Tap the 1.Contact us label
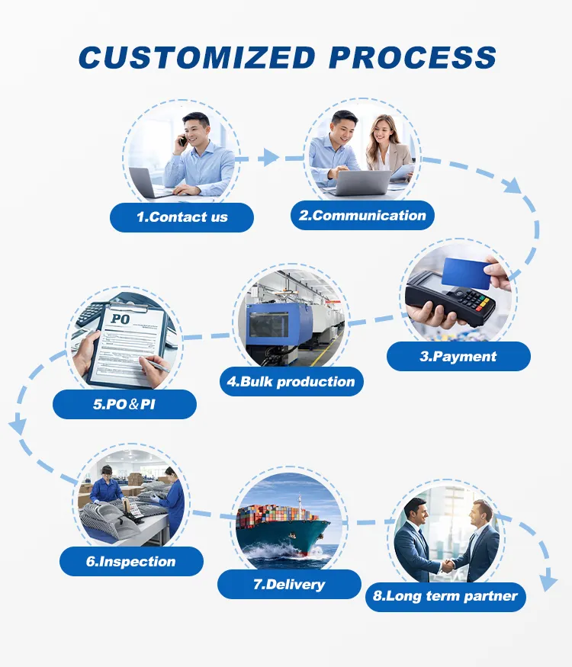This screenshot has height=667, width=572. (x=182, y=217)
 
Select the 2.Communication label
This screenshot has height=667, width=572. (x=362, y=216)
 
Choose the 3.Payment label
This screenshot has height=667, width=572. (x=458, y=356)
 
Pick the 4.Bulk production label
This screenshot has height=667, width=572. (x=291, y=381)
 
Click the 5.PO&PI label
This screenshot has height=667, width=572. (x=124, y=404)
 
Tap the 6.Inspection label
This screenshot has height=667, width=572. (x=131, y=562)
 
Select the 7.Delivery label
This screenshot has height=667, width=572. (x=289, y=585)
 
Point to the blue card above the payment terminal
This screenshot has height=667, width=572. (x=467, y=271)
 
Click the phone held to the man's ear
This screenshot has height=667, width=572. (x=183, y=140)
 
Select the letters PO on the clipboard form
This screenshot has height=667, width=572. (x=121, y=319)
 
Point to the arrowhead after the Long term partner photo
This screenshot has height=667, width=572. (x=548, y=583)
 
